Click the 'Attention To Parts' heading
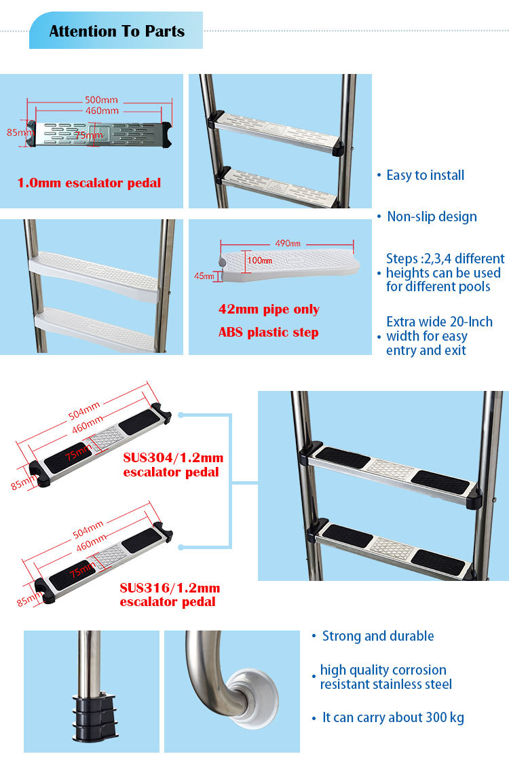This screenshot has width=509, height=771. tap(117, 31)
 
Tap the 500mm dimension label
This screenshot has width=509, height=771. tap(101, 100)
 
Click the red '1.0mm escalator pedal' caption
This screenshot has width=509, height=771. tap(89, 183)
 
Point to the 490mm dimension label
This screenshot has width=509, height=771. tap(288, 244)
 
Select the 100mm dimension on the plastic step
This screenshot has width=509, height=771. tap(259, 260)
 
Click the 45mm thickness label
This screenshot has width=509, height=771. tap(204, 276)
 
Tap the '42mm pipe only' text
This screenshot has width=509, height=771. tap(269, 309)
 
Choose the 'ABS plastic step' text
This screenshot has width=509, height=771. tap(269, 333)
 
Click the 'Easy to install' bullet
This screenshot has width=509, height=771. tap(425, 175)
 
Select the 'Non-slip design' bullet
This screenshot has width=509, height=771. tap(432, 217)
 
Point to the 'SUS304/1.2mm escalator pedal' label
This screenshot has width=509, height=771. tap(173, 465)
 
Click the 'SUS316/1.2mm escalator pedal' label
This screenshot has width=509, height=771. tap(170, 595)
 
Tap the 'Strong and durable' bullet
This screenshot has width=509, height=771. tap(378, 636)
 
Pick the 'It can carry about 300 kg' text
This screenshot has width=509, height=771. tap(393, 717)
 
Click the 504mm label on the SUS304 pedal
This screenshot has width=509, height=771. tap(84, 411)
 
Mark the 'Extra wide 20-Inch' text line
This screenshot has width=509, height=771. tap(439, 322)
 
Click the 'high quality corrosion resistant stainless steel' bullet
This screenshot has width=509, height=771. tap(385, 677)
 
